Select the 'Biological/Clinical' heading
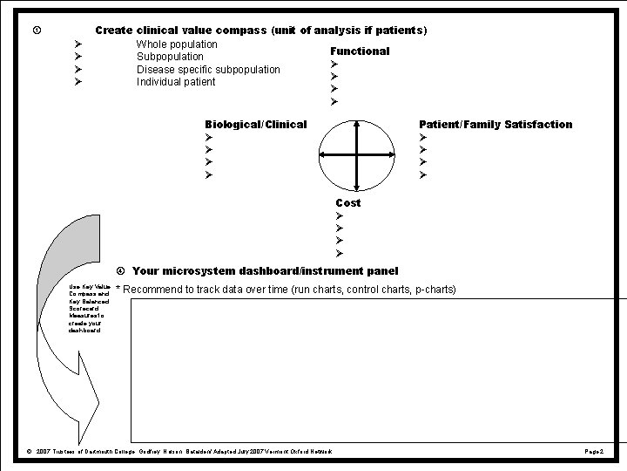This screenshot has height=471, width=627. point(255,125)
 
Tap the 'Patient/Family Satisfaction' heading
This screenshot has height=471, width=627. point(496,125)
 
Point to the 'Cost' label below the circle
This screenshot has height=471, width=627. point(348,203)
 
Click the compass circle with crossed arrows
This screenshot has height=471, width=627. point(356,154)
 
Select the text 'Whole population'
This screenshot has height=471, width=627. point(177,44)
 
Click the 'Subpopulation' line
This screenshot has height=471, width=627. point(170,57)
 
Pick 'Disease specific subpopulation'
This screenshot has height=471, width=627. point(208,70)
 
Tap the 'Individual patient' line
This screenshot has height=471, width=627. point(176,82)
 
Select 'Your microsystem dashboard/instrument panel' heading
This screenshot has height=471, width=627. point(265,271)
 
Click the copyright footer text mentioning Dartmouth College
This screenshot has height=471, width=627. point(179,451)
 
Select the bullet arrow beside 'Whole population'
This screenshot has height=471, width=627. point(78,44)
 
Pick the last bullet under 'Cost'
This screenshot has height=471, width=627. point(340,254)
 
